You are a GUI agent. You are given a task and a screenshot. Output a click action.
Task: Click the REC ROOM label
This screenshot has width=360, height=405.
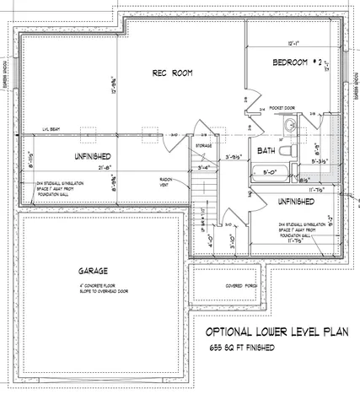coord(172,73)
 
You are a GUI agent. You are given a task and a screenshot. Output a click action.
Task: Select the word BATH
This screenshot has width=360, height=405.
coord(266,151)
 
